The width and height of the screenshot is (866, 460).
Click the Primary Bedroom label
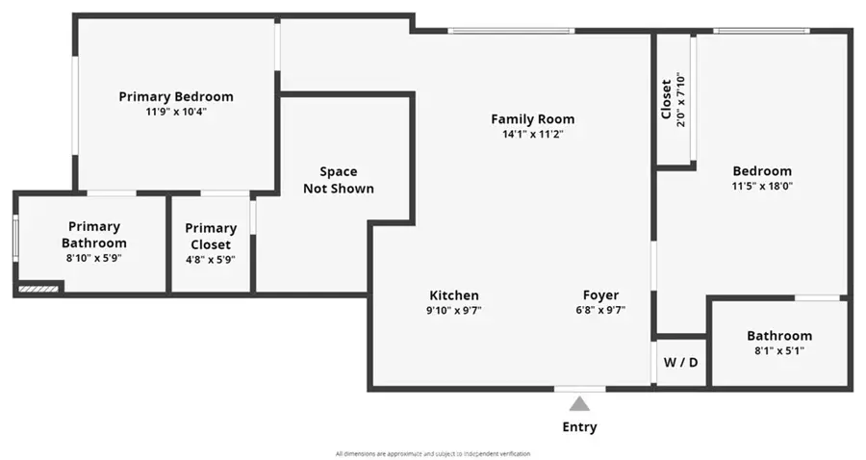[x=176, y=96]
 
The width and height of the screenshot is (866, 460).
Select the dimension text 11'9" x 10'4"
[x=176, y=112]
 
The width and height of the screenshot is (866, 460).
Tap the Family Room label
[x=532, y=119]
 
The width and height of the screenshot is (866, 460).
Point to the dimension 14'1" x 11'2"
[x=532, y=135]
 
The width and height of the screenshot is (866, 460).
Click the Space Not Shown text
[x=338, y=180]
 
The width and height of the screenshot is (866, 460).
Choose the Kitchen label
[x=453, y=295]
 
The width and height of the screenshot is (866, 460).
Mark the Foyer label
[x=600, y=295]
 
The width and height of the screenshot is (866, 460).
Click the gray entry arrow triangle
[x=579, y=403]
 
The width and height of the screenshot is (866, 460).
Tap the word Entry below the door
[x=579, y=426]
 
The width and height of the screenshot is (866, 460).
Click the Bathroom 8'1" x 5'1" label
[x=779, y=336]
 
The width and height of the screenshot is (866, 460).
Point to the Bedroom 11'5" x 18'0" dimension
[x=762, y=187]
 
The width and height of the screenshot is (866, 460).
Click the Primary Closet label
[x=211, y=236]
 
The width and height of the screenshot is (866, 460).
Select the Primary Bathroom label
[x=93, y=235]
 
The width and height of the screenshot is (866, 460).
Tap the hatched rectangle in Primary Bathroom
[x=38, y=287]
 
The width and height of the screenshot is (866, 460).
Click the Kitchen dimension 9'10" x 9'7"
[x=453, y=311]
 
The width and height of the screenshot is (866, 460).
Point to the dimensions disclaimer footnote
[x=432, y=453]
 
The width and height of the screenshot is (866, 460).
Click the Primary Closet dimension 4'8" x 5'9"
[x=211, y=259]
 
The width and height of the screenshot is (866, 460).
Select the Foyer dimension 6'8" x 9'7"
[x=600, y=311]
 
